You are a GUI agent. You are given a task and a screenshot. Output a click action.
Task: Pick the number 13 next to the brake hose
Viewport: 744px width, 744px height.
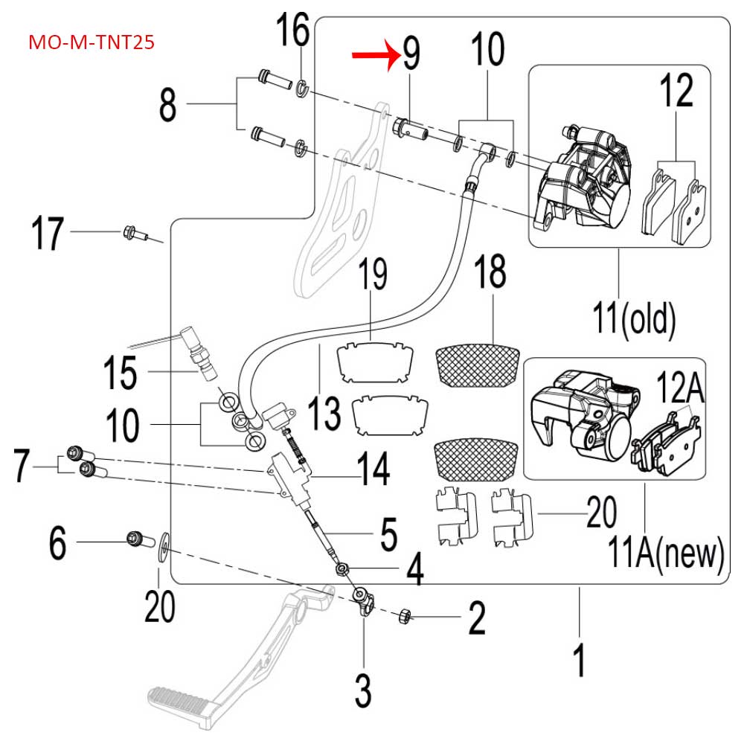coord(324,413)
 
